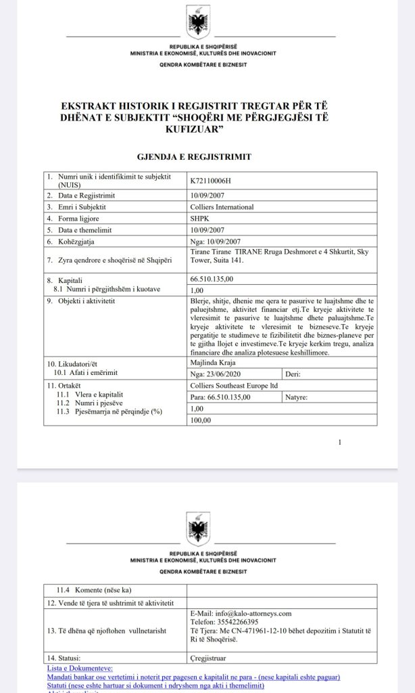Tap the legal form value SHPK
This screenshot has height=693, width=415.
click(x=201, y=218)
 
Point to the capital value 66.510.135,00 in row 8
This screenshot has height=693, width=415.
click(x=212, y=278)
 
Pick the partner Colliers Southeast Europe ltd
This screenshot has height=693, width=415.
click(x=235, y=385)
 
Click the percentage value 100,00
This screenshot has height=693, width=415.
click(x=201, y=420)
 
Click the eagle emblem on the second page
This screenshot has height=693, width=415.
click(x=198, y=529)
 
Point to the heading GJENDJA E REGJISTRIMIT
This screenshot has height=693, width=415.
click(x=194, y=156)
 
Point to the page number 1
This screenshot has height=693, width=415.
click(x=340, y=443)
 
